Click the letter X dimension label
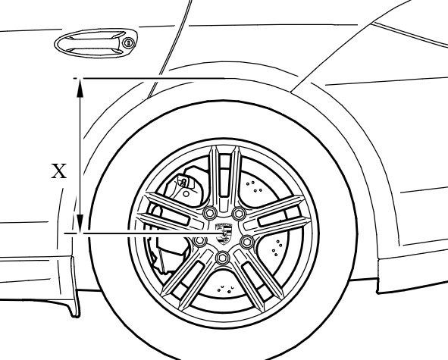pos(59,171)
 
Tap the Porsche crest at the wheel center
pos(224,234)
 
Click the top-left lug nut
pos(209,212)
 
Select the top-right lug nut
pos(239,213)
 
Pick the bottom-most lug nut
pos(222,258)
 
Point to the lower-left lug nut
pos(199,242)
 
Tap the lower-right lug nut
pos(247,242)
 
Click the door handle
pos(96,43)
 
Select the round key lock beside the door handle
pos(129,43)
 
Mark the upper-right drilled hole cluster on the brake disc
pos(254,187)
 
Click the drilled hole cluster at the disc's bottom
pos(226,290)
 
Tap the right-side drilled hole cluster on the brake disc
pos(277,247)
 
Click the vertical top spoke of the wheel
pos(224,177)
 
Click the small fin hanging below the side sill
pos(74,286)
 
